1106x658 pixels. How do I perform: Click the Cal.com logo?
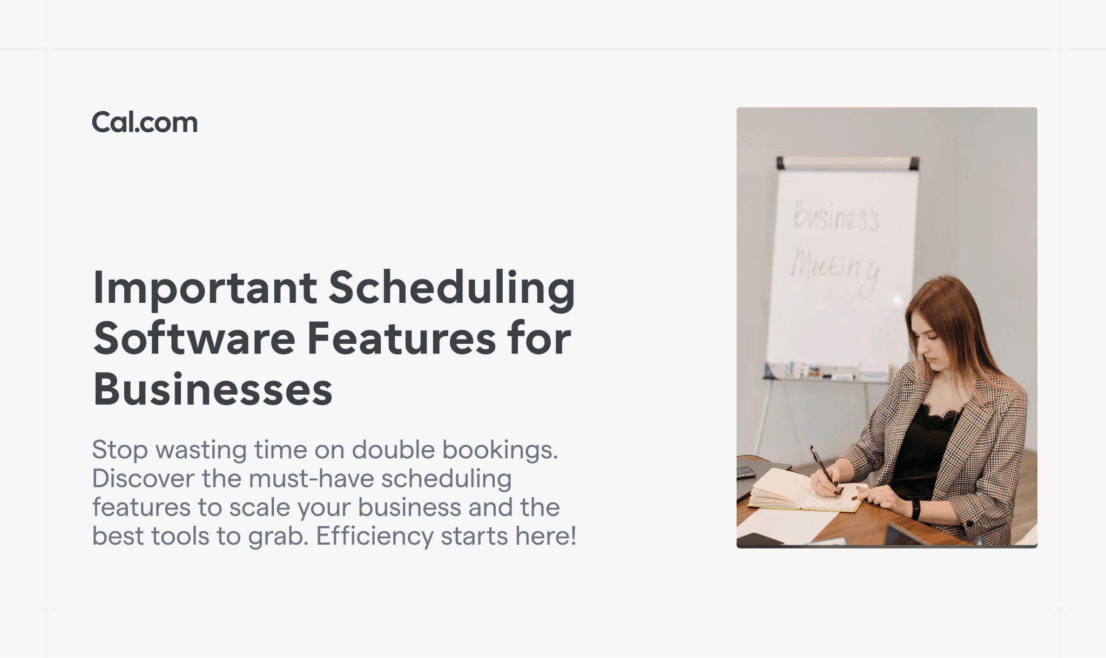(145, 123)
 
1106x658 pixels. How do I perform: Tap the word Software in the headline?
(194, 339)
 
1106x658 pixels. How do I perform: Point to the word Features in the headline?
(401, 339)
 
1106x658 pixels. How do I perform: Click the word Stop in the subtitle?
(119, 450)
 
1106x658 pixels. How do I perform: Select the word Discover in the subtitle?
(143, 479)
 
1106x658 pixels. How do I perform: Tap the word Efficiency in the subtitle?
(374, 537)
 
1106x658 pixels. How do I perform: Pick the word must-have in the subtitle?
(311, 479)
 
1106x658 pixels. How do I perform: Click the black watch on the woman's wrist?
(916, 509)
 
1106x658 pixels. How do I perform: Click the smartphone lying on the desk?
(746, 472)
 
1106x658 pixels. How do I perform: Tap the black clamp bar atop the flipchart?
(847, 162)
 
